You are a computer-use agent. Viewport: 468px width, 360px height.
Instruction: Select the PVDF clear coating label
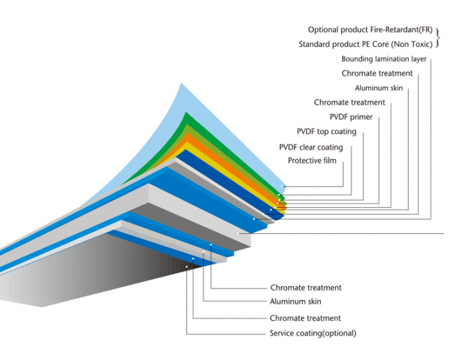310,147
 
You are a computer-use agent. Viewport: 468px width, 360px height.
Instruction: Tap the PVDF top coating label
326,131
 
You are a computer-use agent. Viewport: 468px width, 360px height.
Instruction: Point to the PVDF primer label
350,117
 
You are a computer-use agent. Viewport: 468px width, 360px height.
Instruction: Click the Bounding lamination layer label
384,59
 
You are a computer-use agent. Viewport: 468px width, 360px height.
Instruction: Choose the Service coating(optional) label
313,334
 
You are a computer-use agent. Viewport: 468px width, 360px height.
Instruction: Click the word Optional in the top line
323,30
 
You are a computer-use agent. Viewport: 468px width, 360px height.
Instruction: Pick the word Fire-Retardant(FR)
406,30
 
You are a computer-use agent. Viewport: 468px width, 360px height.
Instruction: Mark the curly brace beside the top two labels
438,37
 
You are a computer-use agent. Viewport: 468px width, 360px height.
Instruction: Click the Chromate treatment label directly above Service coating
306,318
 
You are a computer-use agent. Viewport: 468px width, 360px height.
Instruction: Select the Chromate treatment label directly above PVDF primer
350,103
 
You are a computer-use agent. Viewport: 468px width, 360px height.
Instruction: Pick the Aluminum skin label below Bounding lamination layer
379,88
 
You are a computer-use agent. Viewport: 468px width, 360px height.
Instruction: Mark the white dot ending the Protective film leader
283,186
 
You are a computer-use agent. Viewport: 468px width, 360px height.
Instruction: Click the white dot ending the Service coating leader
186,266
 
